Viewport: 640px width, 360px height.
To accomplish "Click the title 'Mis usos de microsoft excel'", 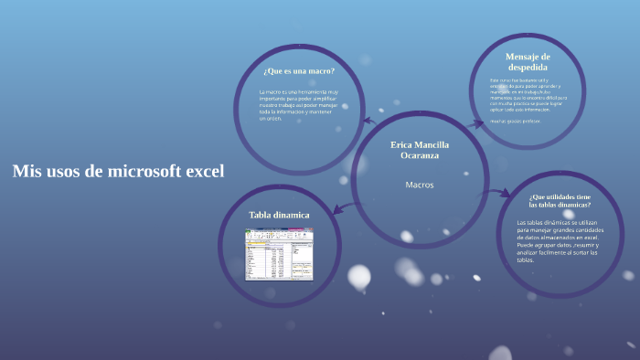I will (118, 171).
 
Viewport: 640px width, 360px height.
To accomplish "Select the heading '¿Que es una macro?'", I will (298, 71).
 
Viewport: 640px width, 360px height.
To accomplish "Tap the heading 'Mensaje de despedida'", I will (528, 61).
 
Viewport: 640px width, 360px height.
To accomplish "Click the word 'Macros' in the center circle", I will (419, 185).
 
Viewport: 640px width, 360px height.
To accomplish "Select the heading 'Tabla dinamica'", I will (279, 215).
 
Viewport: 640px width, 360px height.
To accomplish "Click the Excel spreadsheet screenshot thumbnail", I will (279, 253).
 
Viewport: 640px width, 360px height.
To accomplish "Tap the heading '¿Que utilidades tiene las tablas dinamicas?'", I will (560, 201).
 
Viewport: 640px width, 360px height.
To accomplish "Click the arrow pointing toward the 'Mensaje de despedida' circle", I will (476, 122).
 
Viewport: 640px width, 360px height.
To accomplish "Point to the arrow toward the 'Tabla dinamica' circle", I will (338, 210).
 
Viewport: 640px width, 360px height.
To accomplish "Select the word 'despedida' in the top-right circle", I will (528, 68).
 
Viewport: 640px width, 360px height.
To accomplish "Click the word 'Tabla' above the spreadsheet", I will (262, 215).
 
